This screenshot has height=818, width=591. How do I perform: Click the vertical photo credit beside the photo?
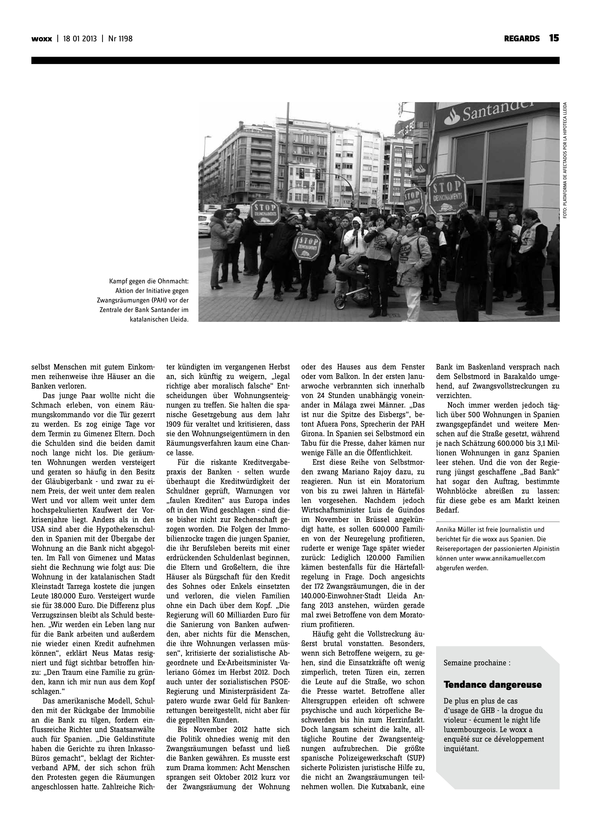tap(565, 160)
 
